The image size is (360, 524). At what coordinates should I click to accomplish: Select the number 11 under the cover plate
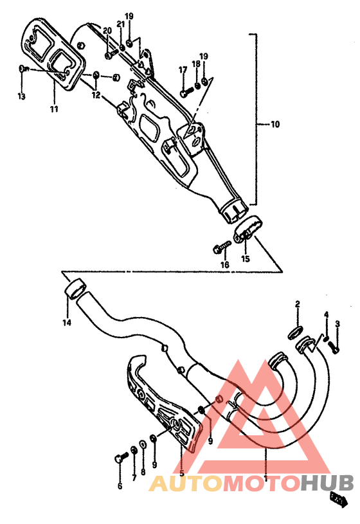tap(54, 109)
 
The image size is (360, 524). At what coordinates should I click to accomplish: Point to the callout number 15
tap(245, 259)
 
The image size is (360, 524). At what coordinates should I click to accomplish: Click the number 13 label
tap(21, 96)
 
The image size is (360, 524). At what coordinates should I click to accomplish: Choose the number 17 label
tap(183, 69)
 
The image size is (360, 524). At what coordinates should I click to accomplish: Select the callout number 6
tap(120, 487)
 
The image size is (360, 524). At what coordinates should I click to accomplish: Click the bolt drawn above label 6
tap(120, 458)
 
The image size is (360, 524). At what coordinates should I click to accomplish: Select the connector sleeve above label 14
tap(76, 287)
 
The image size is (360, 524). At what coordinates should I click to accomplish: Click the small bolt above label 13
tap(22, 69)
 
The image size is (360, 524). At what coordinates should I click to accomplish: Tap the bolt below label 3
tap(333, 347)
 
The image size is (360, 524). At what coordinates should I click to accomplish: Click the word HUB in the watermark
tap(327, 482)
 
